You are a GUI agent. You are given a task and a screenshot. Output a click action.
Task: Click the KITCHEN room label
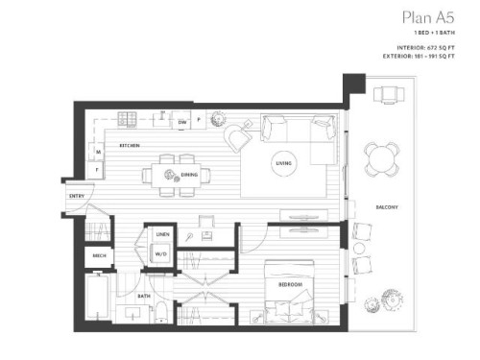tap(131, 145)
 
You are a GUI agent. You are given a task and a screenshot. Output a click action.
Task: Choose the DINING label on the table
tap(189, 175)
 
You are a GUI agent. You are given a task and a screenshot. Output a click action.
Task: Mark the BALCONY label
tap(387, 208)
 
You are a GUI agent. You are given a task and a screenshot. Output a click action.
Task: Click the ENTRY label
tap(77, 197)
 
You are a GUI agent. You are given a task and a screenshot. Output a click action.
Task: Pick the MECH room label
tap(99, 256)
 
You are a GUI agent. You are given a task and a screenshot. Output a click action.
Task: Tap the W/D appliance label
tap(160, 253)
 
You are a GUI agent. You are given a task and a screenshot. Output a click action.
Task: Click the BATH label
tap(143, 297)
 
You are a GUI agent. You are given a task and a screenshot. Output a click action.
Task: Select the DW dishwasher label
tap(181, 123)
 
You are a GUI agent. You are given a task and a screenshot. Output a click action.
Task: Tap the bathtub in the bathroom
tap(97, 300)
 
